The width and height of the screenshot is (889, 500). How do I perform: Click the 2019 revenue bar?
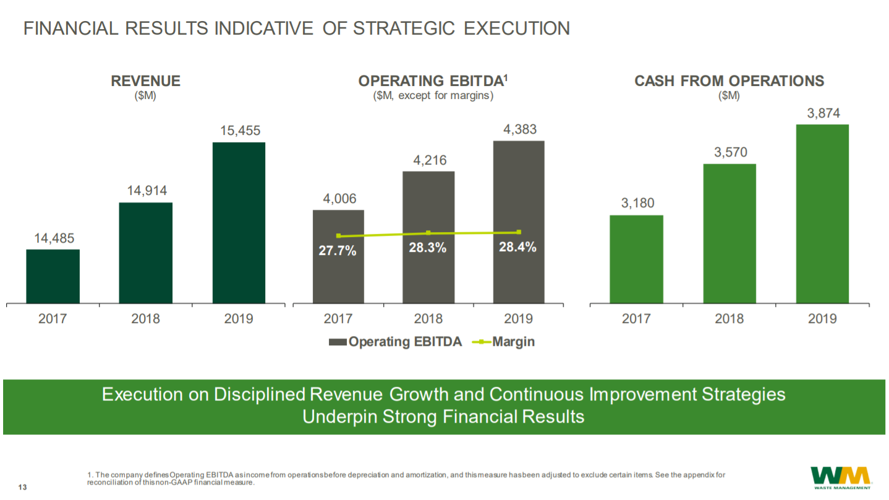(x=239, y=223)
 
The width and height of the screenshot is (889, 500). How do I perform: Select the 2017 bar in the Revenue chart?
(x=53, y=276)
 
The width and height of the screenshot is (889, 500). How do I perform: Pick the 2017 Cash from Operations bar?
(x=636, y=259)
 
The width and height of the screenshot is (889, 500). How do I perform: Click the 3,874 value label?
(x=823, y=114)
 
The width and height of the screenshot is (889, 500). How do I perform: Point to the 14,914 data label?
(x=146, y=191)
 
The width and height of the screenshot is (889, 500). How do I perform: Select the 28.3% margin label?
(x=428, y=248)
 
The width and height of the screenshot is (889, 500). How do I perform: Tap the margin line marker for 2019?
(x=519, y=232)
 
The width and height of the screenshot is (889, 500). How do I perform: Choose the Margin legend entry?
(x=503, y=342)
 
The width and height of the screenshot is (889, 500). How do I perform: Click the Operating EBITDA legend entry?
(x=396, y=342)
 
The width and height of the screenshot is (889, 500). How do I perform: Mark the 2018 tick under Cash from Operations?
(x=729, y=319)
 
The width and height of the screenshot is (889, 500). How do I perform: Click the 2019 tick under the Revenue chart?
(x=239, y=319)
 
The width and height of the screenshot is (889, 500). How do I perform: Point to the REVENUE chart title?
(x=145, y=81)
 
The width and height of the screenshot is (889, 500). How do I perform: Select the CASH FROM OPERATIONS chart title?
(x=729, y=81)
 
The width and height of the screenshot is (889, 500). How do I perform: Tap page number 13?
(x=23, y=488)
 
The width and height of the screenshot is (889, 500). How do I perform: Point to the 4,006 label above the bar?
(x=339, y=199)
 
